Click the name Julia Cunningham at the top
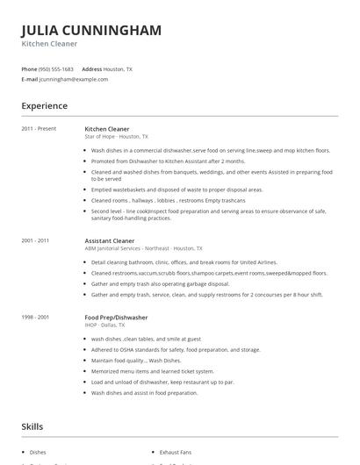tap(91, 31)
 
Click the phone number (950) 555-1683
tap(57, 68)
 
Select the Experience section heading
tap(45, 106)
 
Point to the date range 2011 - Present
tap(39, 129)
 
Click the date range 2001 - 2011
tap(35, 240)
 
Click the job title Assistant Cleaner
tap(110, 240)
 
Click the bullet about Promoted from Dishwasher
tap(155, 161)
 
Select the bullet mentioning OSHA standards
tap(176, 349)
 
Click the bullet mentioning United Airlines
tap(184, 262)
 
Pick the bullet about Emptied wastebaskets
tap(176, 189)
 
